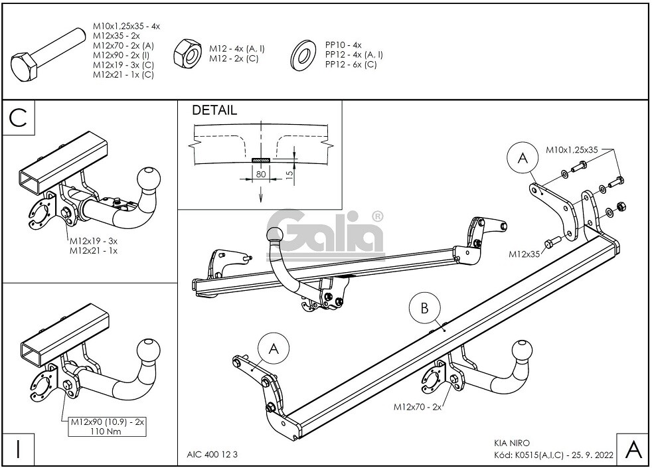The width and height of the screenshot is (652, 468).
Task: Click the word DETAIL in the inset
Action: (x=214, y=111)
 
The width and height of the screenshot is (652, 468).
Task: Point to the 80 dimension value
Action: (x=261, y=174)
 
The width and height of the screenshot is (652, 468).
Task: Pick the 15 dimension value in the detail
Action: (x=290, y=175)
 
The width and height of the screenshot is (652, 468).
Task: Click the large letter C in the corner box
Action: (x=18, y=118)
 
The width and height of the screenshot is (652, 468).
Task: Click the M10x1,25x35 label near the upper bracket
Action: (x=572, y=150)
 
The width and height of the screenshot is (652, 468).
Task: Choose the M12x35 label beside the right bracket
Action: (x=523, y=254)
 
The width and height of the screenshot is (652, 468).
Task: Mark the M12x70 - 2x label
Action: (x=418, y=406)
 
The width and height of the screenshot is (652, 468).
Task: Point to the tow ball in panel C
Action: (x=148, y=180)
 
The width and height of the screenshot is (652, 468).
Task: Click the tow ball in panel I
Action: (x=148, y=350)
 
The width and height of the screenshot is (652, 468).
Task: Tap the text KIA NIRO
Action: (x=512, y=443)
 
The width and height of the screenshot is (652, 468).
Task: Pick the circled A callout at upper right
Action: (x=521, y=158)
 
